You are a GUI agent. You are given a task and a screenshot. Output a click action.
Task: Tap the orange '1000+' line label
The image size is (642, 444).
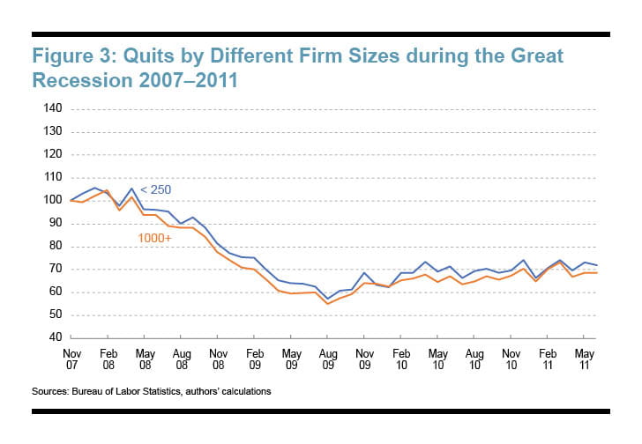coord(155,238)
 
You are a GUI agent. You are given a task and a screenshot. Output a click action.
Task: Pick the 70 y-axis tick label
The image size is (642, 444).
coord(52,270)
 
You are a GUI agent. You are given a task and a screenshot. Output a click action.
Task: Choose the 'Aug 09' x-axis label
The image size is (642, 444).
coord(325,358)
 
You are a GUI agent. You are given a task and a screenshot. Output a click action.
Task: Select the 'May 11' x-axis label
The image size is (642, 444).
coord(582,358)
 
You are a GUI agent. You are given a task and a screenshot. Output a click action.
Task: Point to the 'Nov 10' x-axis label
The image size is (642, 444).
coord(510,358)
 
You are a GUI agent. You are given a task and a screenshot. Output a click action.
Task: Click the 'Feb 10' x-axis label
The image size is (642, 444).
coord(399,358)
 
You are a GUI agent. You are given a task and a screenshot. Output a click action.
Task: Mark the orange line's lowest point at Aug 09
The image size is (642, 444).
coord(325,304)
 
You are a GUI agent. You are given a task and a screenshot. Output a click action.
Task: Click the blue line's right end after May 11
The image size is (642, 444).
coord(597,265)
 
